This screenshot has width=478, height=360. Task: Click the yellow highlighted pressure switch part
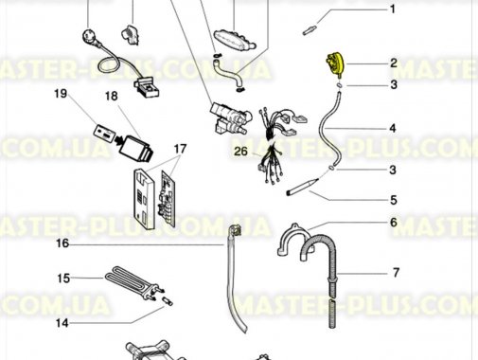[335, 65]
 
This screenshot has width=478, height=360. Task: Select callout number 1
[393, 9]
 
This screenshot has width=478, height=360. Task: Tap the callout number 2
[394, 63]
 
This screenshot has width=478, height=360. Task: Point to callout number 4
[393, 128]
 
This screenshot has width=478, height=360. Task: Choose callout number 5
[393, 200]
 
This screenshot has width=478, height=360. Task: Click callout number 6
[394, 223]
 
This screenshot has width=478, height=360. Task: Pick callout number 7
[396, 272]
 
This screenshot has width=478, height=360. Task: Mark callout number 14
[62, 323]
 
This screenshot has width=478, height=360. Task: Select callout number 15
[63, 279]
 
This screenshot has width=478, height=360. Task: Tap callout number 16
[62, 243]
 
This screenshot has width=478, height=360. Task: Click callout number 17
[180, 149]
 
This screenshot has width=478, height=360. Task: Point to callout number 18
[111, 96]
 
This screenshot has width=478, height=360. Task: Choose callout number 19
[61, 93]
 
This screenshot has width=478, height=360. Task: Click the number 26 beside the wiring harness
[240, 152]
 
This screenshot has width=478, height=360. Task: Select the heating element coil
[133, 282]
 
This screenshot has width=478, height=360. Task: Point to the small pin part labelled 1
[309, 31]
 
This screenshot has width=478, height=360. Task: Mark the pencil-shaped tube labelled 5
[302, 187]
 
